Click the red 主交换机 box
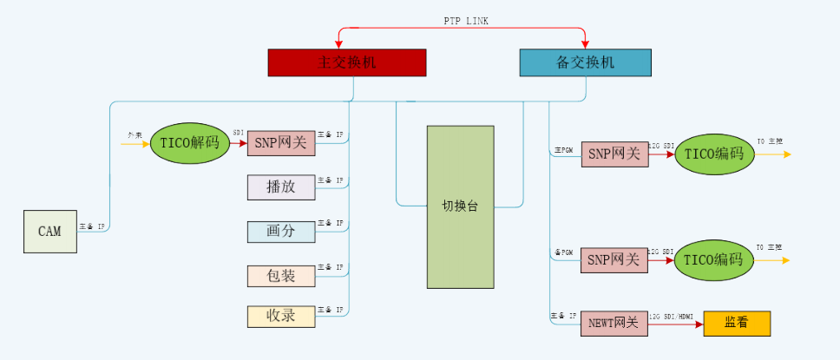346,62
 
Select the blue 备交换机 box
584,62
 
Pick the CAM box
49,232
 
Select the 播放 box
281,187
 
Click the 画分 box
281,232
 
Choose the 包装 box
281,276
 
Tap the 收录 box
281,316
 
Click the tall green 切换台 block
460,206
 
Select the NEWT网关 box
614,323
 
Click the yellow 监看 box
736,323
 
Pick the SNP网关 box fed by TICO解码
281,144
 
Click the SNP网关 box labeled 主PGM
614,154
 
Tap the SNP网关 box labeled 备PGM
614,259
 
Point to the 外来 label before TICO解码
135,135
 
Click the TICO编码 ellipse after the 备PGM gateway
714,259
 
